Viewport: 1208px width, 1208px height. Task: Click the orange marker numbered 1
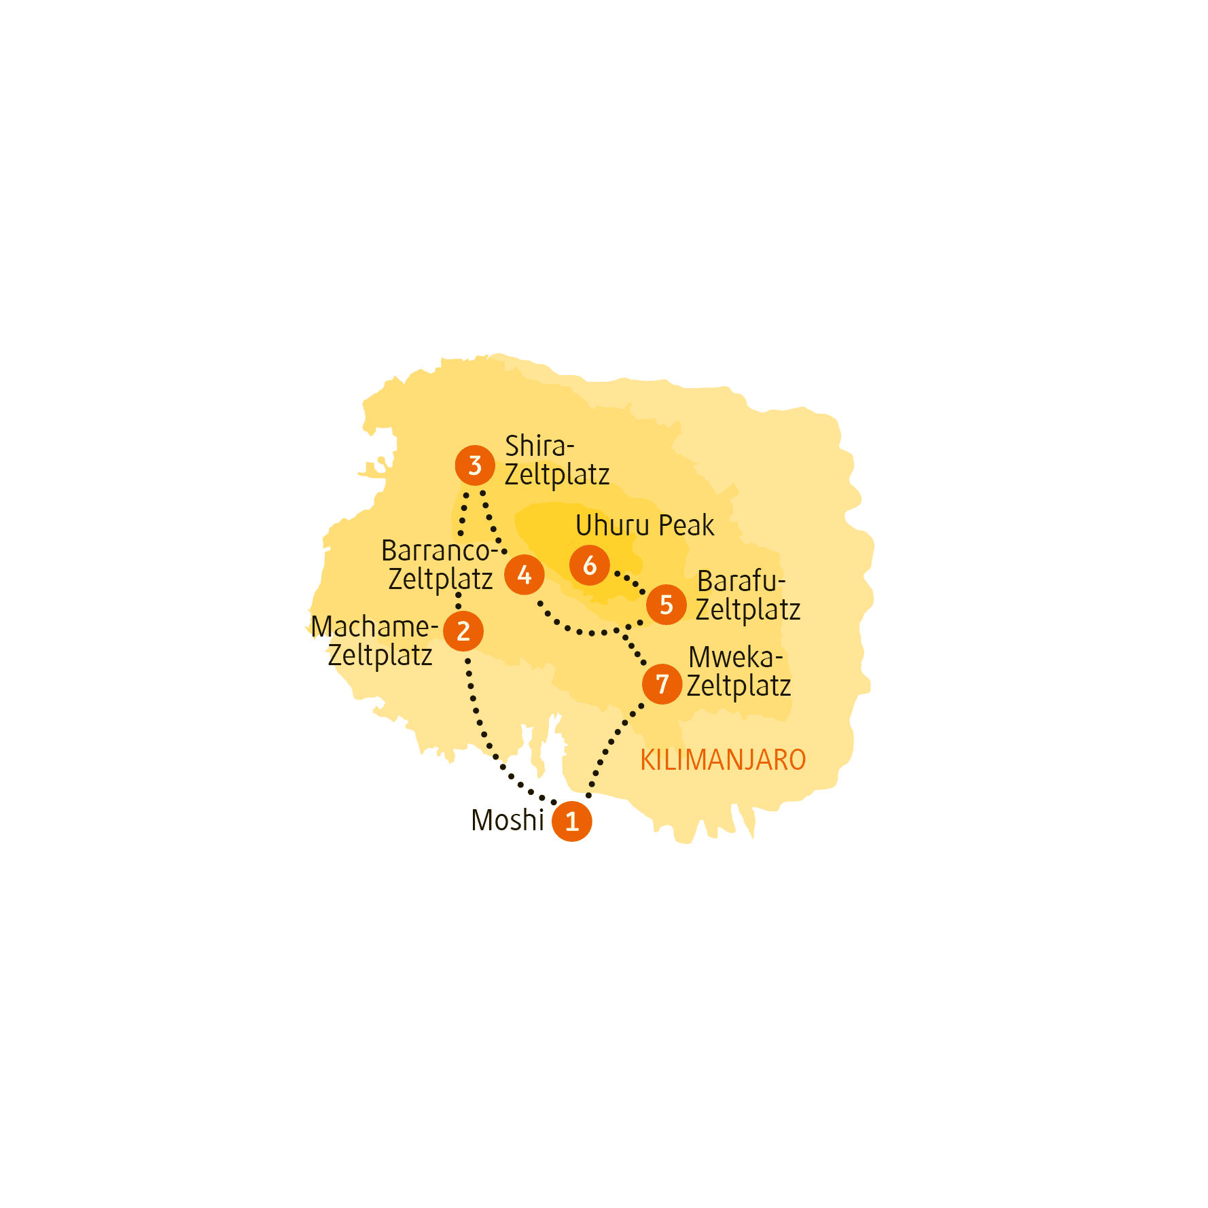572,821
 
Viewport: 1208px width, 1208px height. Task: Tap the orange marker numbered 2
463,631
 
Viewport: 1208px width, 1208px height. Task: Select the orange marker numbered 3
475,465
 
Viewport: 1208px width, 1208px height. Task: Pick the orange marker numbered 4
525,575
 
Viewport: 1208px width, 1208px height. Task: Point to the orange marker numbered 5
667,604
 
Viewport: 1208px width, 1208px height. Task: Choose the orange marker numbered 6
590,565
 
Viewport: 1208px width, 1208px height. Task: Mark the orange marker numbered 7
662,683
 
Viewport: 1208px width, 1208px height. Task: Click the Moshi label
508,820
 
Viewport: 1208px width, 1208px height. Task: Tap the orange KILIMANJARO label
723,760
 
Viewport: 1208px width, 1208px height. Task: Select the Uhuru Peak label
645,525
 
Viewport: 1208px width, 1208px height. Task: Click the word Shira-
539,446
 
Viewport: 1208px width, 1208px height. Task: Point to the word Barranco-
440,550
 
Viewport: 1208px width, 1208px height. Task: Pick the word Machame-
374,626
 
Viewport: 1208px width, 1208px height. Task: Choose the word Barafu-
741,581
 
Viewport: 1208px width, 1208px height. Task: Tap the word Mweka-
736,657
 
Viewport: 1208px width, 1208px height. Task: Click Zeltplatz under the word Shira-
557,475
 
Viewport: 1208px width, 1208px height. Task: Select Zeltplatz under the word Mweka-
739,686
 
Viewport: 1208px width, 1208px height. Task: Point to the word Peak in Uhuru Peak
687,525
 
